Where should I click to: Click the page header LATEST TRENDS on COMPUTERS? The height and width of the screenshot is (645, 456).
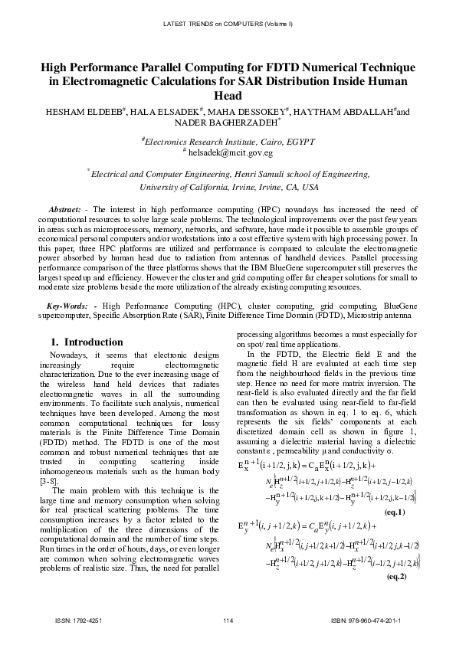click(228, 25)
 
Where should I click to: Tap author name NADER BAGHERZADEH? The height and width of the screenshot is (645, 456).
click(227, 123)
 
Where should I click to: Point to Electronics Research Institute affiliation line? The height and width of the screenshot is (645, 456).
click(228, 141)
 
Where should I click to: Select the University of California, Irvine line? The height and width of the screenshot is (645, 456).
click(228, 187)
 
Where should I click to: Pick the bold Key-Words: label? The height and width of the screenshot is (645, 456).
click(64, 306)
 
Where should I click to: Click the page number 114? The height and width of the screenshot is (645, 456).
click(228, 619)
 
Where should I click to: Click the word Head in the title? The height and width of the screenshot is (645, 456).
click(228, 96)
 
